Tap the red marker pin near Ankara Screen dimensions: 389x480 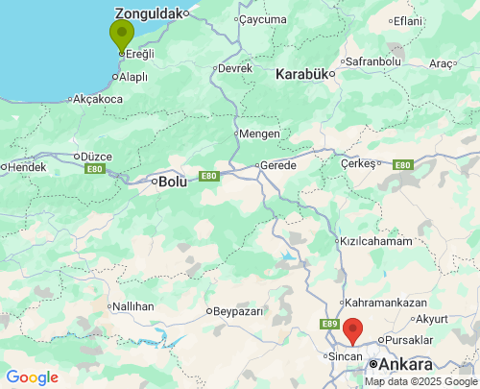click(x=352, y=329)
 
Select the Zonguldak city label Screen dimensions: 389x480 click(x=148, y=14)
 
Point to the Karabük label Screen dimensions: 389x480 click(x=301, y=74)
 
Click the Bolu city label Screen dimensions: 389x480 click(x=173, y=181)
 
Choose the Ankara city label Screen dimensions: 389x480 click(x=405, y=365)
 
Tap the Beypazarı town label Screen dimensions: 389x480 click(x=235, y=311)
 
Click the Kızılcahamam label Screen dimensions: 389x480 click(x=375, y=241)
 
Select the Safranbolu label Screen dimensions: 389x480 click(x=373, y=61)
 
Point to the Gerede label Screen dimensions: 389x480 click(x=279, y=165)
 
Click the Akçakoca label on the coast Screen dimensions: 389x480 click(x=98, y=99)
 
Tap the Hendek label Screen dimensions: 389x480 click(x=27, y=166)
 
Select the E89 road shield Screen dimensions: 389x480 click(x=330, y=325)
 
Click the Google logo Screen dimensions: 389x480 click(x=32, y=377)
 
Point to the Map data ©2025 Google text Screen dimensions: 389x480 click(x=420, y=381)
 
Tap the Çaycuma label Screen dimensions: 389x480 click(x=263, y=19)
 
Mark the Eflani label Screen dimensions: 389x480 click(x=407, y=21)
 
